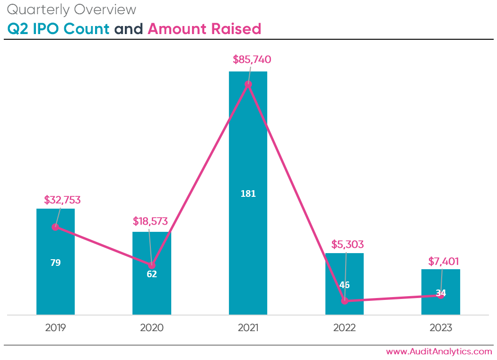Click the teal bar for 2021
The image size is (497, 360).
[248, 142]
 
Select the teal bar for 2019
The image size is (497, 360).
[55, 284]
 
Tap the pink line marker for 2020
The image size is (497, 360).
[152, 265]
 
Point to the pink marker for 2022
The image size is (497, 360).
[345, 300]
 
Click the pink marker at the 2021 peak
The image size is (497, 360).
[248, 84]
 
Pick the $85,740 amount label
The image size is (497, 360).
[252, 60]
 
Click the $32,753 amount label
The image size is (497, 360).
[62, 200]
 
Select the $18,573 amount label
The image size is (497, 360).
[150, 221]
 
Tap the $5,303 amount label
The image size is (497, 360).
[347, 245]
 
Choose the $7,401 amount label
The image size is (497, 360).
[444, 261]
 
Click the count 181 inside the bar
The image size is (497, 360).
[248, 193]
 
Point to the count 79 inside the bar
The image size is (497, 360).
[55, 263]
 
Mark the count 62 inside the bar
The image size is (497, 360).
[152, 274]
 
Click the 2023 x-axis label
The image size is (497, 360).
[441, 328]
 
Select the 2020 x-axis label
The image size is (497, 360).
[152, 328]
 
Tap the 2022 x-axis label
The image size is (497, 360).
[344, 328]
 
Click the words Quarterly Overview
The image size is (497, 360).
[72, 9]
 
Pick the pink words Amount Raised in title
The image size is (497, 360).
[204, 29]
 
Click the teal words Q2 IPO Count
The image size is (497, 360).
[58, 29]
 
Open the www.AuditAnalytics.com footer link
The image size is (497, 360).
[439, 351]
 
